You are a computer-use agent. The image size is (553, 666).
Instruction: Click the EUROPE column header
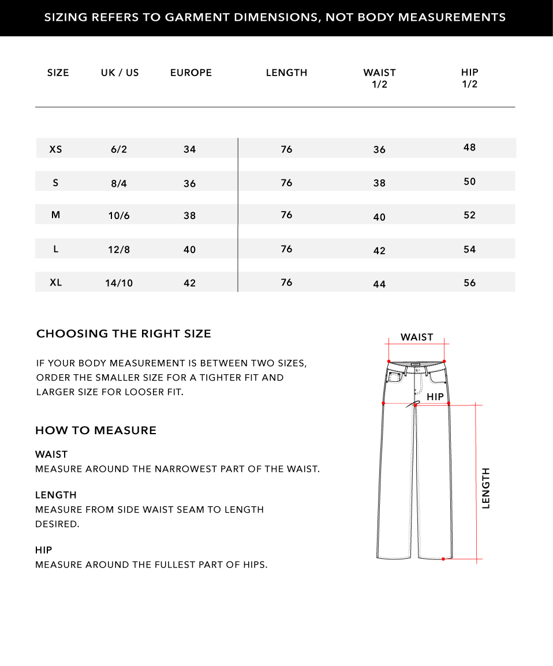point(191,73)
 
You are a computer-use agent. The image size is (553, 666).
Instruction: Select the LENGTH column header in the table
point(286,73)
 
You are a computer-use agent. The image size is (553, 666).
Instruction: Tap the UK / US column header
point(120,73)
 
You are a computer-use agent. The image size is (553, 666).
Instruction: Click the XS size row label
point(55,149)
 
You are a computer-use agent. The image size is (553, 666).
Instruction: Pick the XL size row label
point(56,283)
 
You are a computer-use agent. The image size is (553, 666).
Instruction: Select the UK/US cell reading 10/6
point(119,216)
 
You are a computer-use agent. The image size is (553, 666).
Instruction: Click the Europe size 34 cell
point(190,149)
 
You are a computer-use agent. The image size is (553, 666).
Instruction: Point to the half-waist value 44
point(379,284)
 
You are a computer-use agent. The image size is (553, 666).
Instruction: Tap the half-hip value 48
point(470,148)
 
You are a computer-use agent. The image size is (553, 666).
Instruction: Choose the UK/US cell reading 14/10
point(119,283)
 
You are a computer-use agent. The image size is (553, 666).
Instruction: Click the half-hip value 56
point(470,283)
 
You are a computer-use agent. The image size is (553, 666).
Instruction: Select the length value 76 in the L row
point(287,249)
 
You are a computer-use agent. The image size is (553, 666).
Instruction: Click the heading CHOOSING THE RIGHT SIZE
point(124,334)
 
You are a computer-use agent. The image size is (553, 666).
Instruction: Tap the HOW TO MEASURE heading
point(96,431)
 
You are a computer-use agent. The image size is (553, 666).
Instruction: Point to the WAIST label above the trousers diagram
point(417,337)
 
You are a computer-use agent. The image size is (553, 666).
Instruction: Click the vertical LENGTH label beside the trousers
point(486,488)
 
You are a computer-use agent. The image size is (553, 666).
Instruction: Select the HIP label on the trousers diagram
point(435,397)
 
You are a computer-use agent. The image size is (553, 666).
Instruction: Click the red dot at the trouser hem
point(443,559)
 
